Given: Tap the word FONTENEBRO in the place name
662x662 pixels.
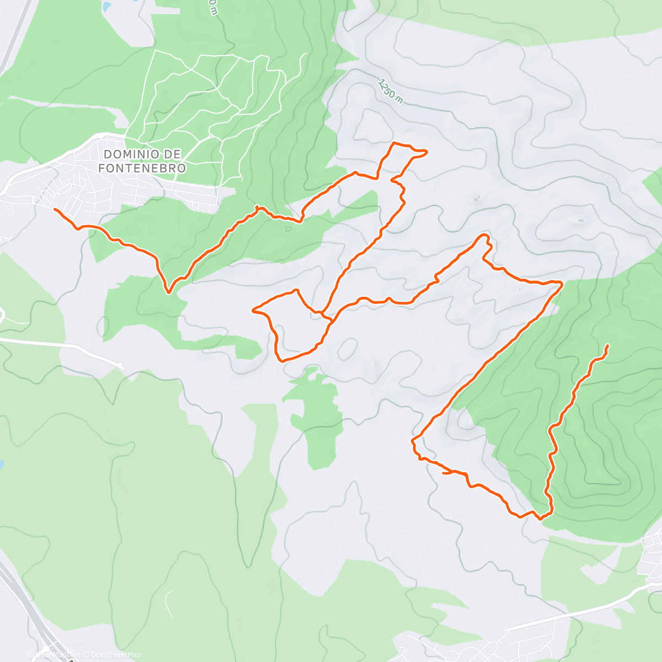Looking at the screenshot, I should coord(142,168).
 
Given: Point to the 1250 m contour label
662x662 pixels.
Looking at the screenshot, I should coord(391,90).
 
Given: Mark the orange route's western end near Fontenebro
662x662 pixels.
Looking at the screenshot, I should coord(54,209).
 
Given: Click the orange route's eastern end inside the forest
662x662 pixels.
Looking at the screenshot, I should coord(607,345).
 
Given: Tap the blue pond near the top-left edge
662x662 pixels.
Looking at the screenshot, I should coord(105,7).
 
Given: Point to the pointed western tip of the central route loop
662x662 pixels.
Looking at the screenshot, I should coord(253,311).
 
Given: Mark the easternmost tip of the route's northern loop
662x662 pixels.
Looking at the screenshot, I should coord(426,152).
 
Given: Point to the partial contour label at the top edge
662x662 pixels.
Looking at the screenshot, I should coord(212,7).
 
